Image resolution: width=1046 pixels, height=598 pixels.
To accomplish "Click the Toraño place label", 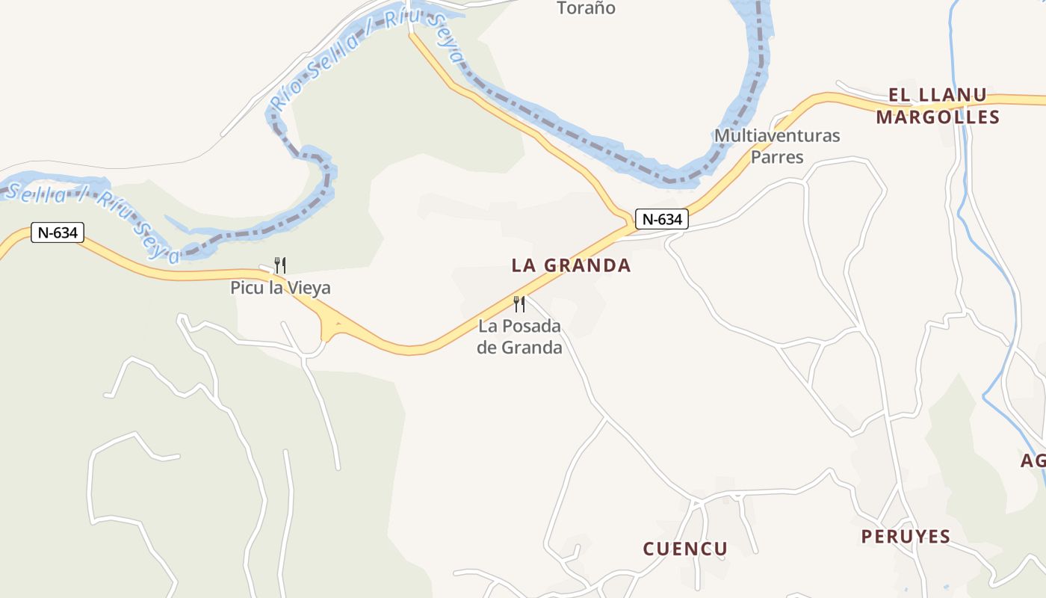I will point(587,8).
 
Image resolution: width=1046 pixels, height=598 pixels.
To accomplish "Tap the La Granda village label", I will point(572,265).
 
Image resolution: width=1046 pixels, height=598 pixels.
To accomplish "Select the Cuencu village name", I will point(685,549).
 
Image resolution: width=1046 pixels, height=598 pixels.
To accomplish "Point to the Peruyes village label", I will point(906,537).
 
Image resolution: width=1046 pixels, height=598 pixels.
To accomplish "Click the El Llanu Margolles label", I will point(938,106).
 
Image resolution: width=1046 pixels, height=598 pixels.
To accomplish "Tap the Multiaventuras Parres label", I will point(777,147).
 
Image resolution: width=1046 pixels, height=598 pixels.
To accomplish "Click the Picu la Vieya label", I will point(280,288).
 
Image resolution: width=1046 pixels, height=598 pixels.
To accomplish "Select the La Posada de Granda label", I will point(520,336).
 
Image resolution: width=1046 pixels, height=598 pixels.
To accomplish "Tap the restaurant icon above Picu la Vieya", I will point(280,265).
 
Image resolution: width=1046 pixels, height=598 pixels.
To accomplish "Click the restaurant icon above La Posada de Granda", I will point(519,304).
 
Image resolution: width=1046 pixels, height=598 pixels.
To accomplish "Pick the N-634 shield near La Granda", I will point(662,219).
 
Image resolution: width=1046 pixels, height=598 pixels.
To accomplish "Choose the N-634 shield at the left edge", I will point(58,232).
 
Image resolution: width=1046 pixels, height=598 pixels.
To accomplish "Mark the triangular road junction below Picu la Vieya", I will point(329,327).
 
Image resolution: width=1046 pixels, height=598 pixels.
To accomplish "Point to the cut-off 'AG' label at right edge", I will point(1033,461).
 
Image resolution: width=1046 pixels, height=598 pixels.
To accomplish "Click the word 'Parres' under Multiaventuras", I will point(777,157).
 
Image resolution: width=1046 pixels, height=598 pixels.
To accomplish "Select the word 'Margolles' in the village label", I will point(938,117).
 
